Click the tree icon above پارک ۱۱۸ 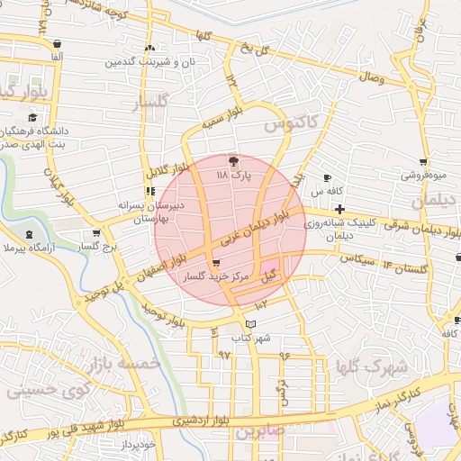(x=234, y=162)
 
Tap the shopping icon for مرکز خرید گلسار (x=214, y=264)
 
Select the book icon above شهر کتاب (x=250, y=324)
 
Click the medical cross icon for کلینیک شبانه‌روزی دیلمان (x=339, y=209)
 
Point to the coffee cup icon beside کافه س (x=327, y=176)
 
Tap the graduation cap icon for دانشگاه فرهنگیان (x=33, y=117)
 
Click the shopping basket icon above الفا (x=58, y=43)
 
